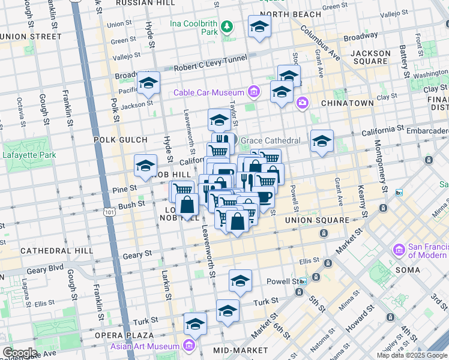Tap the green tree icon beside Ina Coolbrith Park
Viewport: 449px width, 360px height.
point(227,26)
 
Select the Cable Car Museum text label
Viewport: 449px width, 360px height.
point(209,92)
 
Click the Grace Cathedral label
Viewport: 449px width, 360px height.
point(271,141)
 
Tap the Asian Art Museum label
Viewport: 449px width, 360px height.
point(145,346)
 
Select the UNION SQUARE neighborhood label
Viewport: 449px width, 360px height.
point(317,220)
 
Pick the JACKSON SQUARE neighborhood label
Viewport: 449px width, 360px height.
point(371,58)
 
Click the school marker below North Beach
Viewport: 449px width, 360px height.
point(259,26)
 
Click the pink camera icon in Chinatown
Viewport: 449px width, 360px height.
point(302,103)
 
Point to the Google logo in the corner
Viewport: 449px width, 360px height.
point(19,353)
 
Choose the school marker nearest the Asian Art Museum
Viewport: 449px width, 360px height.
point(195,325)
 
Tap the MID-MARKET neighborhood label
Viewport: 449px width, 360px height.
point(242,350)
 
